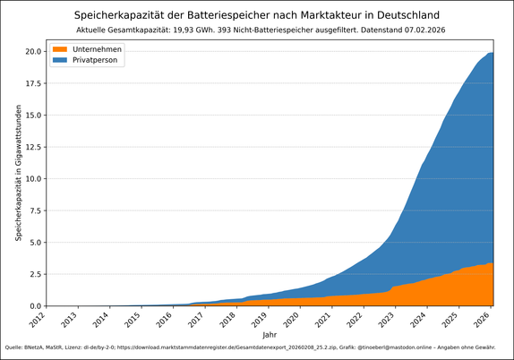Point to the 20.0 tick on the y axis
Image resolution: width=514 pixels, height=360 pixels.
(x=32, y=51)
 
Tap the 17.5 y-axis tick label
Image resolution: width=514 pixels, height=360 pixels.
(x=32, y=83)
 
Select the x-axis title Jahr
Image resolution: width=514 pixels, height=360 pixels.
(x=270, y=332)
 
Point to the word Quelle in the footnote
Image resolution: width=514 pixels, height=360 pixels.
(x=15, y=347)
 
